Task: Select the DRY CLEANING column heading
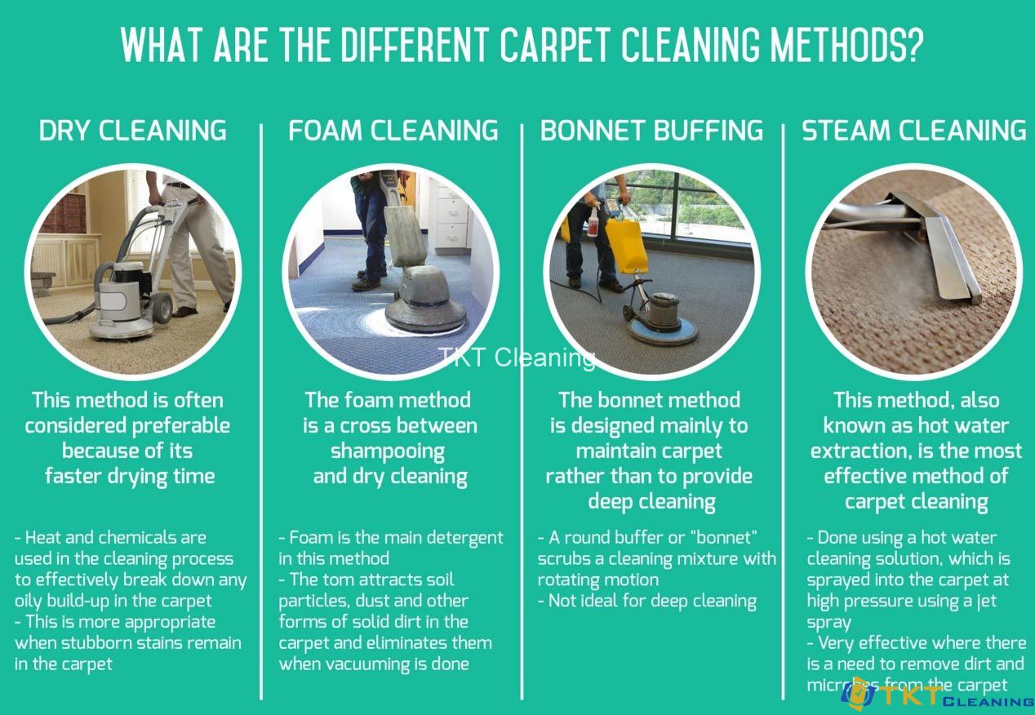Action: (132, 131)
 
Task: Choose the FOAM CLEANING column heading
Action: (393, 131)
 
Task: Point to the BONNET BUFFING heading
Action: (651, 131)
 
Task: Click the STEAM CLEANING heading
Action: (914, 131)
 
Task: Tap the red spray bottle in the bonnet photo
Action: (593, 222)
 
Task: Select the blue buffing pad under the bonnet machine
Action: (662, 331)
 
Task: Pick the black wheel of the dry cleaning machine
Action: (162, 307)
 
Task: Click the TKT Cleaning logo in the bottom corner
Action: (937, 695)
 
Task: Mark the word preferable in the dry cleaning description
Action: (181, 427)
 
